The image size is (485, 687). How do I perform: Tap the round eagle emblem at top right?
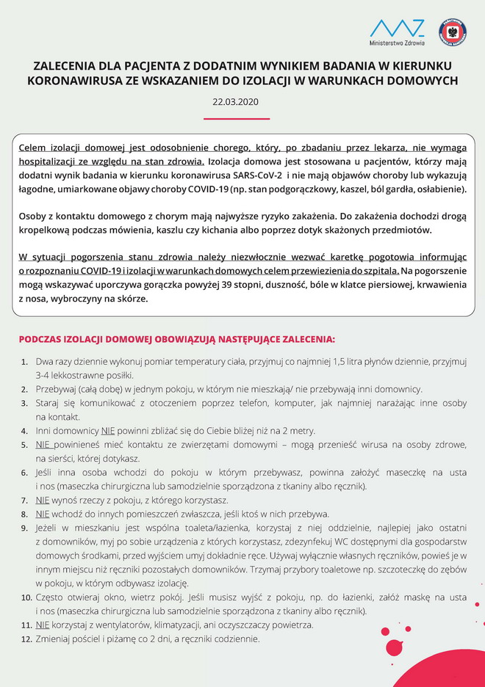click(x=453, y=32)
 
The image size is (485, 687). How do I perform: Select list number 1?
click(x=24, y=362)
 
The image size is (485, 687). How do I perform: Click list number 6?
click(x=24, y=473)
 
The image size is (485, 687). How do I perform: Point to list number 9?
click(x=24, y=528)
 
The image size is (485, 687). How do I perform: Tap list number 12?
click(x=24, y=639)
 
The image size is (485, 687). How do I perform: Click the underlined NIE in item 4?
click(x=109, y=431)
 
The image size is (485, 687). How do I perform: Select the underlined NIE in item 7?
click(x=43, y=501)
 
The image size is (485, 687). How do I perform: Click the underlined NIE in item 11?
click(x=43, y=625)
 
